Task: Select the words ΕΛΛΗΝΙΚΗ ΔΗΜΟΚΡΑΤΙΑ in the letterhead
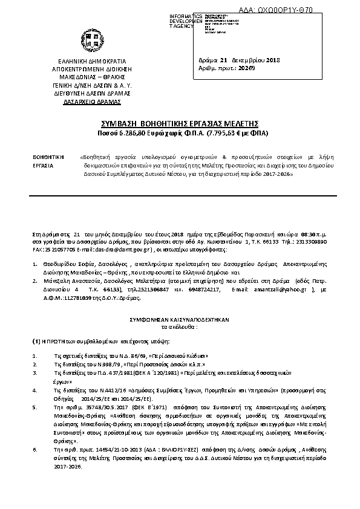[x=91, y=61]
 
